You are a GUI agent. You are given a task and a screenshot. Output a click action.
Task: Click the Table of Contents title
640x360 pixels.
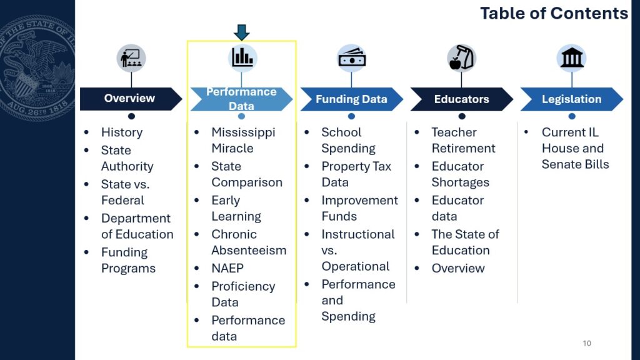click(554, 13)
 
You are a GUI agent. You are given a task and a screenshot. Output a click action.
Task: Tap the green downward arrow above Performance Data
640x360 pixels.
click(242, 32)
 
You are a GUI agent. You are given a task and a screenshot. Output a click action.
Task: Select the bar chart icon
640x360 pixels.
click(242, 57)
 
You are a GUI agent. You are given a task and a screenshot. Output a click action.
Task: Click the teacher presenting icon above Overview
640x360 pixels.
click(131, 58)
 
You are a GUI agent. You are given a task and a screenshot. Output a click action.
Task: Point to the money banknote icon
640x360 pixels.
click(352, 58)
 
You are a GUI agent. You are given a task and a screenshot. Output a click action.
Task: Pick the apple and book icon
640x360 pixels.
click(462, 58)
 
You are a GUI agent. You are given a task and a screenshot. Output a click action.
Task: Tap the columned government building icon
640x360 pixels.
click(572, 58)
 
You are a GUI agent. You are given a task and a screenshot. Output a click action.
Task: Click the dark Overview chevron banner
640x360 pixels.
click(131, 99)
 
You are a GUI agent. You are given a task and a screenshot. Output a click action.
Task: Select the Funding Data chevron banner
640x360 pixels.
click(351, 99)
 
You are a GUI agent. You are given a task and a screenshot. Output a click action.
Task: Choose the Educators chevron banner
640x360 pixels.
click(462, 99)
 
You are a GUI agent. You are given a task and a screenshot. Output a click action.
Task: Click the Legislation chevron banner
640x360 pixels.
click(571, 99)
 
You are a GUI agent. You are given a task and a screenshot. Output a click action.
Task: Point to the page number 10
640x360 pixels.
click(587, 343)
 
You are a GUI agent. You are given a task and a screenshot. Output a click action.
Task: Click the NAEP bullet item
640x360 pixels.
click(227, 268)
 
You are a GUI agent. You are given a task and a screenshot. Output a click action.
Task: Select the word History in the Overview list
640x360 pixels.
click(122, 132)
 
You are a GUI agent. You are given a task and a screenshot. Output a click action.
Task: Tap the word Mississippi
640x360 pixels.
click(243, 132)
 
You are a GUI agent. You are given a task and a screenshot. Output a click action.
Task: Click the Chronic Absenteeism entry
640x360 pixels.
click(249, 242)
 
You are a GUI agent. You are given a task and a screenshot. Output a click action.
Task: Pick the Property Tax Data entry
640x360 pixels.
click(356, 174)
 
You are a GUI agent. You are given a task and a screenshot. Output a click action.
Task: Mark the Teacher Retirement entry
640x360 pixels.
click(463, 140)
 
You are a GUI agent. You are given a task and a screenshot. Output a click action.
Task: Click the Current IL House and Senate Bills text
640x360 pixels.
click(575, 148)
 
